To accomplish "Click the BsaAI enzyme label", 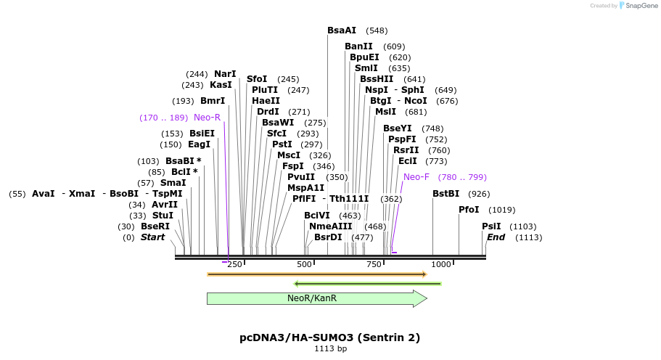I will click(342, 30).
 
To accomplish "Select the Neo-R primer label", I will click(207, 117).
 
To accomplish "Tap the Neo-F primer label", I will click(416, 176).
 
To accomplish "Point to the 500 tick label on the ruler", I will click(304, 264).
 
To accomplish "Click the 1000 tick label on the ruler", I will click(441, 264).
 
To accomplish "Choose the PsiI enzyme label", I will click(491, 226).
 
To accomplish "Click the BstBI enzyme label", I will click(446, 194).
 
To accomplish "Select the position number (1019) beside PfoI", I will click(502, 210).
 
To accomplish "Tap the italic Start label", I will click(153, 237).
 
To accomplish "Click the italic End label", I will click(496, 237).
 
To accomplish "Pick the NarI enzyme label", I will click(225, 74).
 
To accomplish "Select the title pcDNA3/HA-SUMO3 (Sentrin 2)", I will click(330, 337).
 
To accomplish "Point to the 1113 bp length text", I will click(330, 349).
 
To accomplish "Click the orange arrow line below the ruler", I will click(316, 274).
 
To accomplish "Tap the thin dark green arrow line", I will click(368, 283).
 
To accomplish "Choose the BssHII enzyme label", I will click(377, 79).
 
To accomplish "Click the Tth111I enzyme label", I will click(349, 198).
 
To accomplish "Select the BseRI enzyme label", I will click(155, 226).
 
